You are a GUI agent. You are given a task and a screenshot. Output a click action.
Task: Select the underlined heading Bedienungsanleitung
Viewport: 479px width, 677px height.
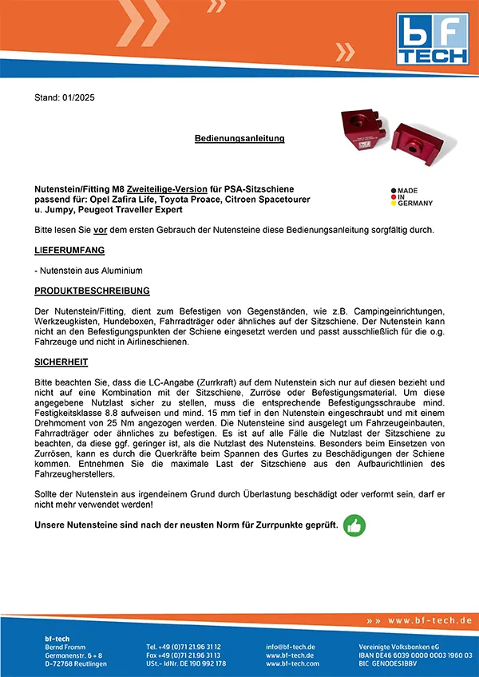(x=239, y=138)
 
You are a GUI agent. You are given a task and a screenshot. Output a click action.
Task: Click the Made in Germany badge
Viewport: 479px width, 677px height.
(x=411, y=197)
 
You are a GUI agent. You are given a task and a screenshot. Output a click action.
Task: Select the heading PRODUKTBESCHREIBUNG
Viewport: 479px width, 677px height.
(x=92, y=290)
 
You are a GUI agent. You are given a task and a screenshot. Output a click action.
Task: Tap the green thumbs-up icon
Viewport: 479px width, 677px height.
(x=354, y=525)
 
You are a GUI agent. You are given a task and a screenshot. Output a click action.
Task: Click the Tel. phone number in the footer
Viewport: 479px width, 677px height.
(x=184, y=646)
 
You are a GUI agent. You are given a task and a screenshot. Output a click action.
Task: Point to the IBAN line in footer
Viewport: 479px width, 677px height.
(x=414, y=655)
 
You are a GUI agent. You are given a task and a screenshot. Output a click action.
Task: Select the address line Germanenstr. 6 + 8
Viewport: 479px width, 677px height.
(x=73, y=655)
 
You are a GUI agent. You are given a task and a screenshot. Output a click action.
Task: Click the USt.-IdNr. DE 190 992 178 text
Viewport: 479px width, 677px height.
(x=186, y=663)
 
